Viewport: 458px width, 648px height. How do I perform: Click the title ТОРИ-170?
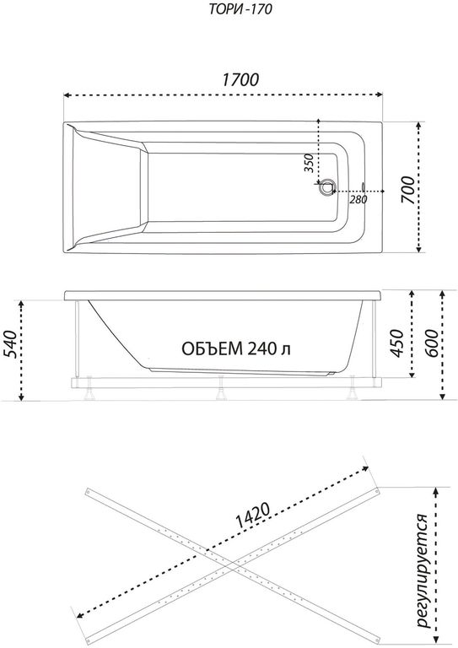(240, 9)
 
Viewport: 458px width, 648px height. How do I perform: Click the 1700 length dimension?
(240, 80)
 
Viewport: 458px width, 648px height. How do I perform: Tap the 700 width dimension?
(407, 189)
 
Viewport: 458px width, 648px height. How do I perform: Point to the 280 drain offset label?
(358, 200)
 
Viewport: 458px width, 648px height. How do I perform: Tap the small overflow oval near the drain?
(363, 186)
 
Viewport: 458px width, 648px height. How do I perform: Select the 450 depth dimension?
(396, 344)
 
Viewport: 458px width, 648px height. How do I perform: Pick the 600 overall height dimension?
(431, 343)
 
